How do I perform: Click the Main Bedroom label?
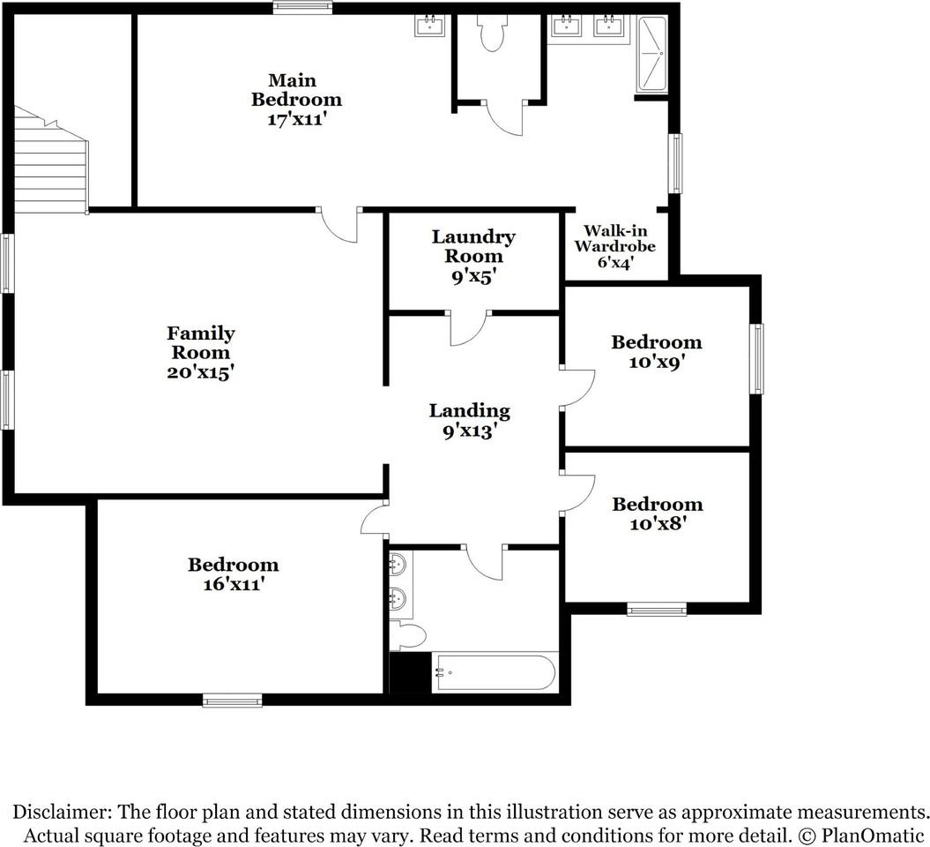(x=296, y=100)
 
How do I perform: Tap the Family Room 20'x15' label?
(x=200, y=353)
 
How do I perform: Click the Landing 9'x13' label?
(x=470, y=420)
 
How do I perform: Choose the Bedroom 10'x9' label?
(x=657, y=351)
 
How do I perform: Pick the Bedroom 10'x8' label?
(x=657, y=513)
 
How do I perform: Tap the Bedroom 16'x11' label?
(x=233, y=573)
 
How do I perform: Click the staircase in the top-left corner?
(x=51, y=161)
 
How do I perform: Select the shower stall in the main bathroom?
(x=651, y=54)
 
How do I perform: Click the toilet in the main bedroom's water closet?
(x=492, y=33)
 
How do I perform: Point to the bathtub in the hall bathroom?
(x=495, y=672)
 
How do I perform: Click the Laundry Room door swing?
(x=469, y=327)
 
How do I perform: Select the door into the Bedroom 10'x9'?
(x=577, y=387)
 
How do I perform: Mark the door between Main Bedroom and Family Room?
(x=339, y=224)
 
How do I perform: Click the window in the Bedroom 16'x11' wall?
(x=233, y=701)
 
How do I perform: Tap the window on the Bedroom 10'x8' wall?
(x=657, y=609)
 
